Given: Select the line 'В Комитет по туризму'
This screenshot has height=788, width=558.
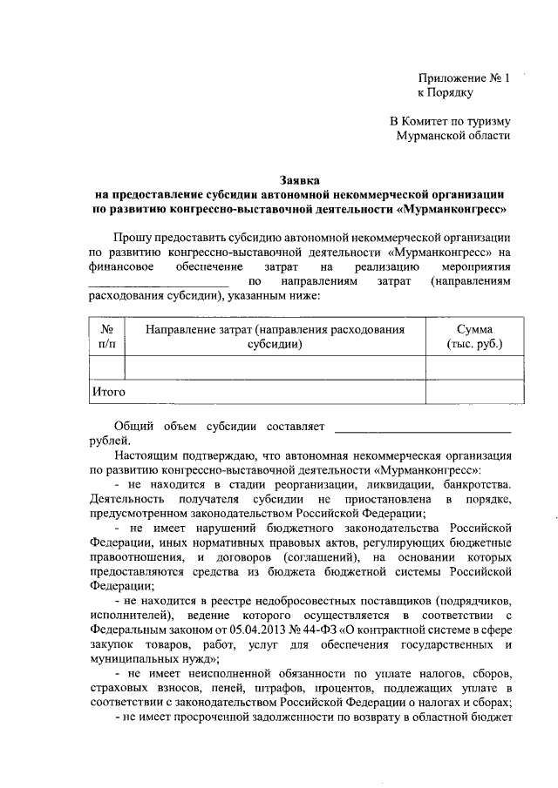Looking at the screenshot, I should [450, 122].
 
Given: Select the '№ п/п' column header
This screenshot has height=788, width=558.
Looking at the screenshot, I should [107, 338].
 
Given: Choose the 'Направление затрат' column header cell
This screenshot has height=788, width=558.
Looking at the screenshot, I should [275, 338].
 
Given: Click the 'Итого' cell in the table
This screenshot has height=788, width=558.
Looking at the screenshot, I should [109, 392].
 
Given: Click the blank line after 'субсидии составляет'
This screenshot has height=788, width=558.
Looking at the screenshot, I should [423, 428].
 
